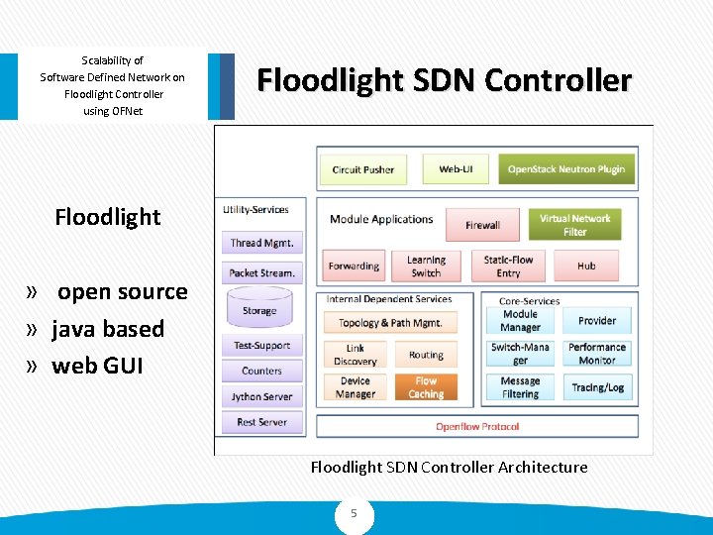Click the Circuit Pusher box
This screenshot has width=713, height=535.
362,169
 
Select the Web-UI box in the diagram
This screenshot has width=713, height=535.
456,169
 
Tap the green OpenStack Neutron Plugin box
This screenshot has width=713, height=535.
565,169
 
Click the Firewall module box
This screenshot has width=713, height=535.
482,225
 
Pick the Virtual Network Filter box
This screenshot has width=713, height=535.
574,225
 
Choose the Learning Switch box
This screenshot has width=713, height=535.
426,266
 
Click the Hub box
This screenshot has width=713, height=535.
586,266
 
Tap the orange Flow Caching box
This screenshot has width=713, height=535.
426,387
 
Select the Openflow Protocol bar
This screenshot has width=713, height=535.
477,427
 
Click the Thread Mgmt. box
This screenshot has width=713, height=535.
261,243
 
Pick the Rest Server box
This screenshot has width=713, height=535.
261,422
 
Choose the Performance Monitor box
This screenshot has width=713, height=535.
597,354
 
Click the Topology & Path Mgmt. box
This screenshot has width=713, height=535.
390,322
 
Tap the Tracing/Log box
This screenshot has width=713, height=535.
597,387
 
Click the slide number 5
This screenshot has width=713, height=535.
354,514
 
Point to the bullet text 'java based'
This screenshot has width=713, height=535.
108,329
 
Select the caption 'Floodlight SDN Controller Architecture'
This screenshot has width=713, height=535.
449,467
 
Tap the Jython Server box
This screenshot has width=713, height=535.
261,396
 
